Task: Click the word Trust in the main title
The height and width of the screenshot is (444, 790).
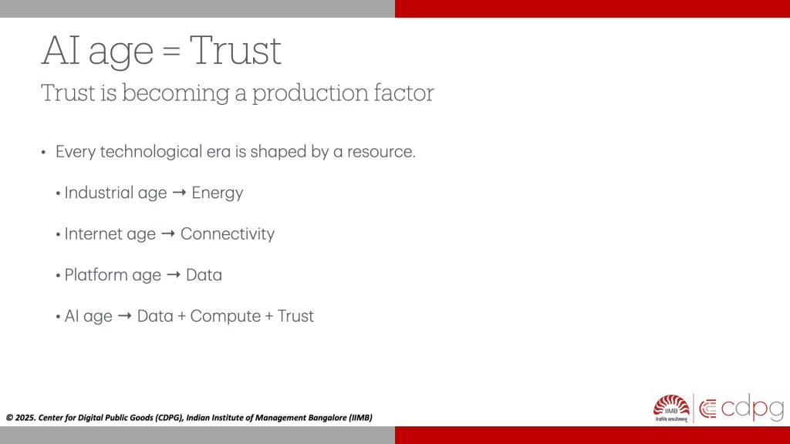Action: click(x=235, y=50)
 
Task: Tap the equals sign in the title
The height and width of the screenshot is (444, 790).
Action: click(x=171, y=52)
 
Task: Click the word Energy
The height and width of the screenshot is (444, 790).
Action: click(x=217, y=193)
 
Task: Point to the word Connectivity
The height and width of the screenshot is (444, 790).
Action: click(x=228, y=234)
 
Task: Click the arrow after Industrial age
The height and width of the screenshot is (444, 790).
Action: click(x=179, y=193)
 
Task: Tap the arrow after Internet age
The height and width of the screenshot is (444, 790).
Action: click(x=168, y=234)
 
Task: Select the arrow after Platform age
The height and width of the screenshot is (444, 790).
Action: click(x=174, y=275)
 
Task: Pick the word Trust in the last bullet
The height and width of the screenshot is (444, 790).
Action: click(x=295, y=316)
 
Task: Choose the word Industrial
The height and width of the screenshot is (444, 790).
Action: click(x=98, y=192)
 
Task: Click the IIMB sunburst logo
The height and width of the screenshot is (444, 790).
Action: click(x=671, y=408)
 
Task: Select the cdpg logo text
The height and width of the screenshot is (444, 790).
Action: click(x=752, y=408)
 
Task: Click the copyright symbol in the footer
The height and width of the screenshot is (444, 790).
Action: click(x=9, y=418)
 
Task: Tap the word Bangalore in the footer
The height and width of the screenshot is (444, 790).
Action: click(x=327, y=418)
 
